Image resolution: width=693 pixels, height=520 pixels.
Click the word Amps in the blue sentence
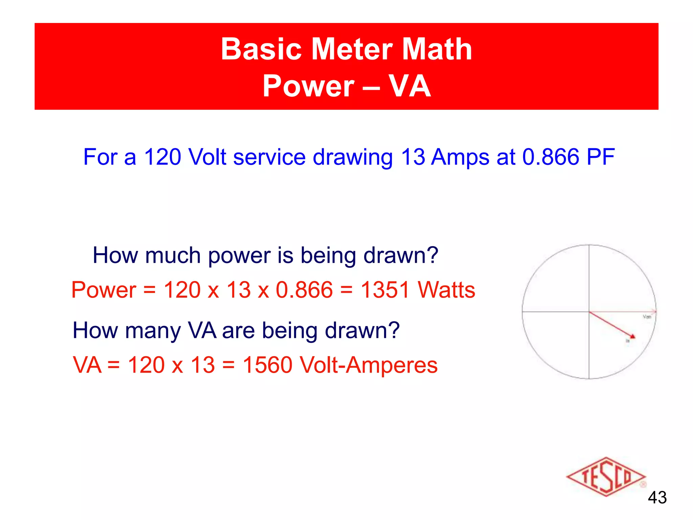pos(460,158)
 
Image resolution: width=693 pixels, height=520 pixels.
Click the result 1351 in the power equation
pos(385,290)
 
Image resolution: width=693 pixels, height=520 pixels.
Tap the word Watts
pos(446,290)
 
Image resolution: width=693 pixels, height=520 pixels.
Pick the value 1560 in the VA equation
pos(268,365)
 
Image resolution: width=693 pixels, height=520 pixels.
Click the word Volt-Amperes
pos(369,365)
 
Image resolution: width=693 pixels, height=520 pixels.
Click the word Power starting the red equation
pos(104,290)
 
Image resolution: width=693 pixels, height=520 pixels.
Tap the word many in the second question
pos(153,331)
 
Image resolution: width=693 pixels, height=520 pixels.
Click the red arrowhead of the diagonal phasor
pos(632,337)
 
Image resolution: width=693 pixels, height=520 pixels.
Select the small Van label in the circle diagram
pos(647,317)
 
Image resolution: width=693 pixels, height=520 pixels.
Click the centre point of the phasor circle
pos(589,311)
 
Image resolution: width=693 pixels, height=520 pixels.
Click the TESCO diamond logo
pos(606,477)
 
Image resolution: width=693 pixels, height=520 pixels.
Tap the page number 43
pos(657,498)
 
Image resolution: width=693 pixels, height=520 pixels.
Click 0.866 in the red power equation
pos(304,290)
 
